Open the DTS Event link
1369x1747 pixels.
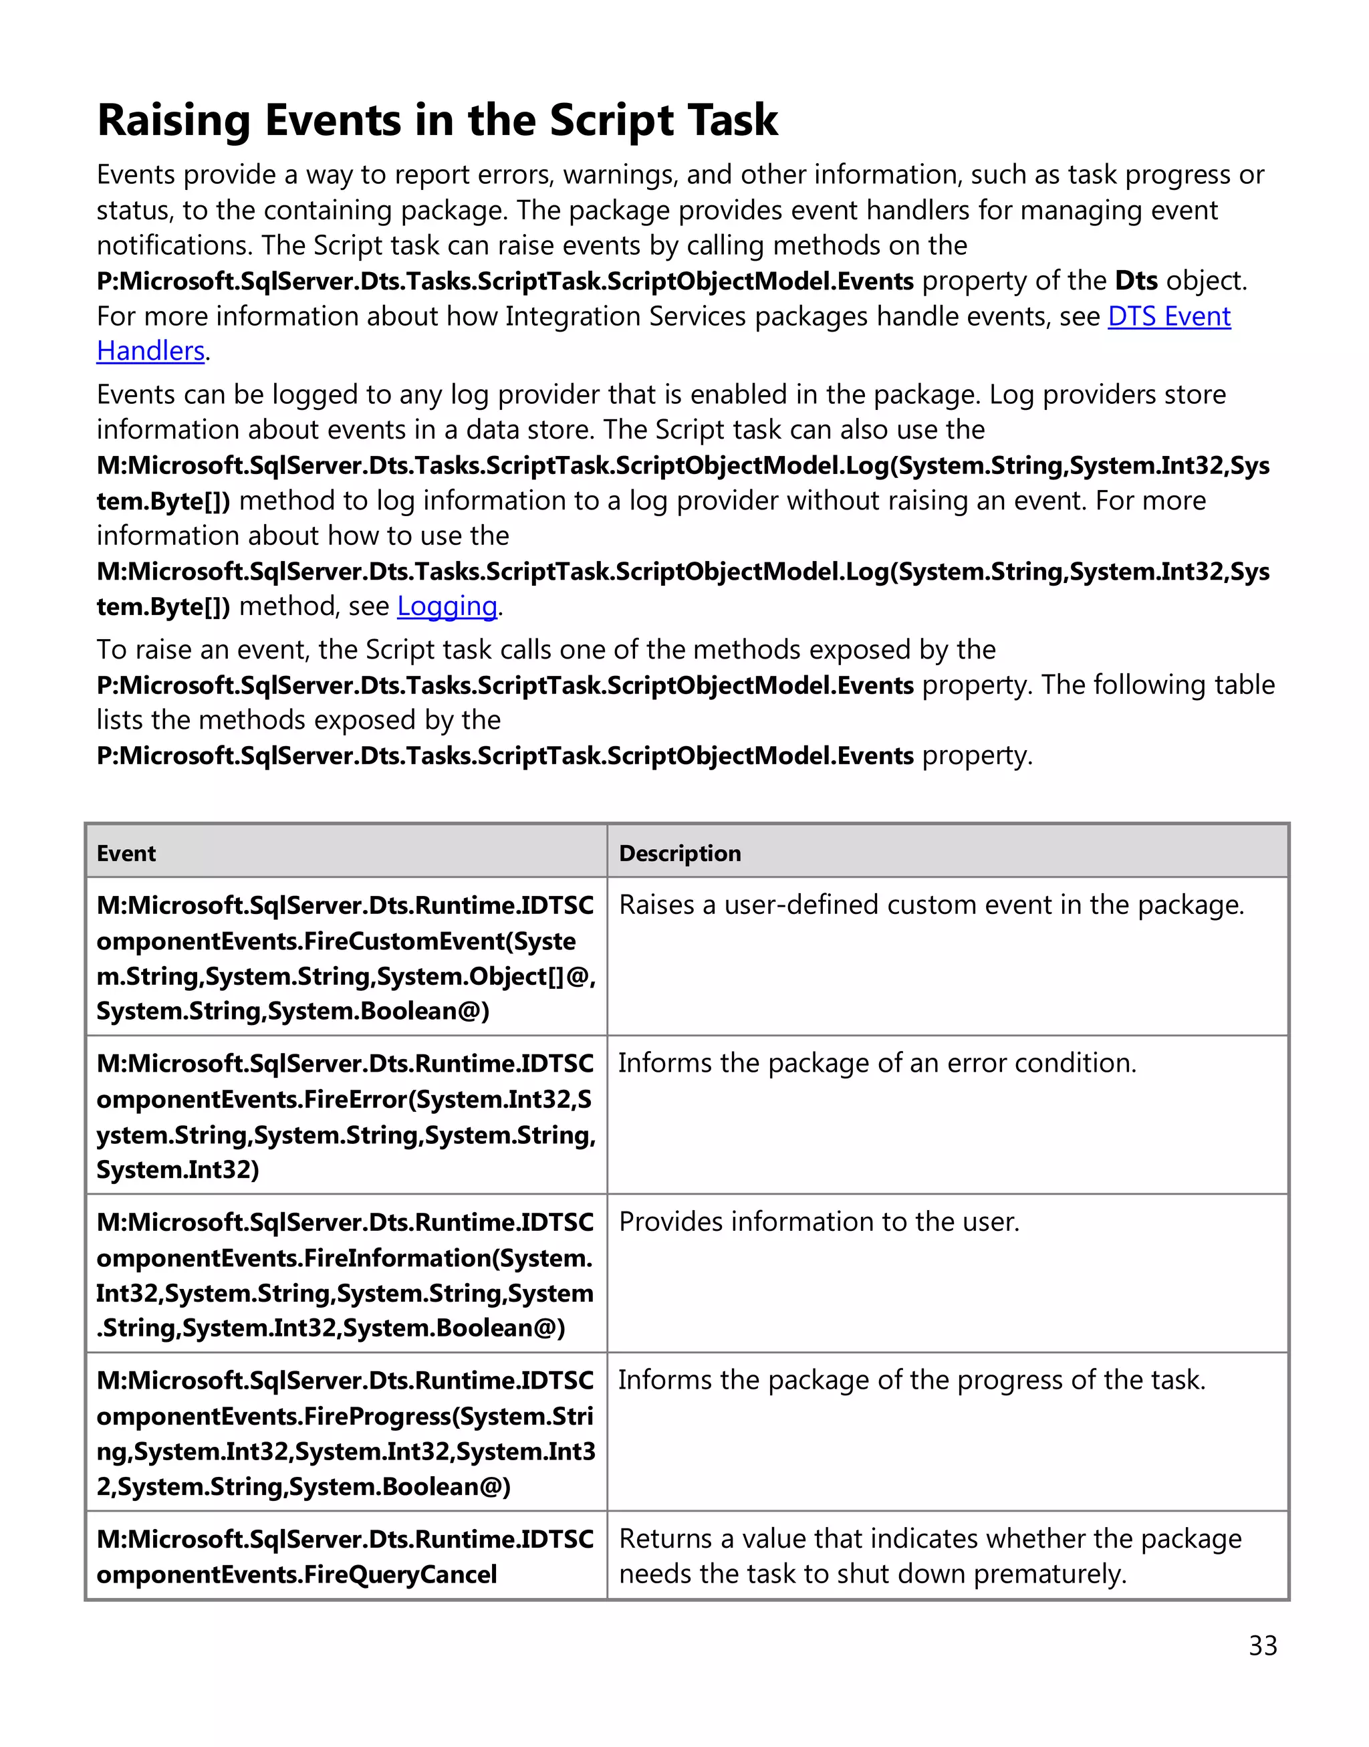tap(1168, 317)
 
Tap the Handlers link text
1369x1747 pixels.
tap(150, 352)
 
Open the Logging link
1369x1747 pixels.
tap(447, 607)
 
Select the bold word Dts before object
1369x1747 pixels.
tap(1136, 281)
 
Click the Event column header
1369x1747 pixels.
tap(126, 853)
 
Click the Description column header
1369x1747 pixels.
tap(680, 853)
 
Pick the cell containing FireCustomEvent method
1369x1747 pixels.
tap(346, 958)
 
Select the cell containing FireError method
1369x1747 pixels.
tap(346, 1116)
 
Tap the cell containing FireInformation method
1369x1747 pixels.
tap(346, 1275)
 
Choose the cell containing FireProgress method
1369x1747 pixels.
tap(346, 1433)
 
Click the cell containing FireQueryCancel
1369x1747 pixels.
tap(346, 1557)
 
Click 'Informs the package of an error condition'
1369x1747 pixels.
tap(877, 1063)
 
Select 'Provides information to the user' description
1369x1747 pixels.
tap(819, 1222)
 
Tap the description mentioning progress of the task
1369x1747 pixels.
tap(911, 1381)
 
